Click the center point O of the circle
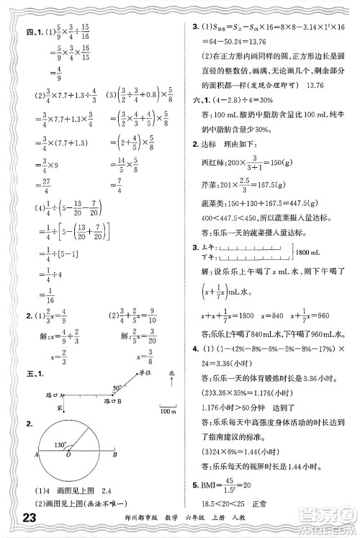click(68, 455)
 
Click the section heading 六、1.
click(199, 101)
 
